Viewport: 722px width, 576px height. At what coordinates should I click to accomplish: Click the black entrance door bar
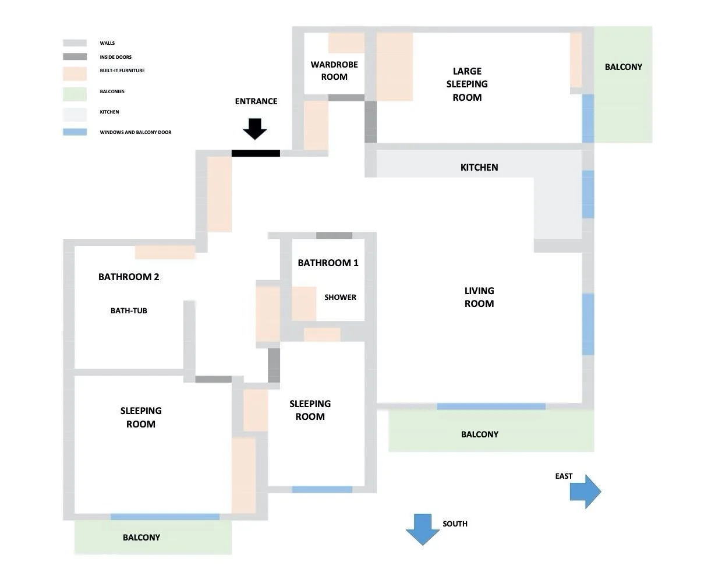coord(256,153)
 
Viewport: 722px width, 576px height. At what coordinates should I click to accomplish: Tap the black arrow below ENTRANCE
coord(255,129)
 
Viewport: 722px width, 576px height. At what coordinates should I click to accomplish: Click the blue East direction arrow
coord(585,492)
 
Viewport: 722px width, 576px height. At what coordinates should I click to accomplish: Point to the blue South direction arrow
coord(423,529)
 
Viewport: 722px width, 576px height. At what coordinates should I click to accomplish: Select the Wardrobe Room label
coord(334,70)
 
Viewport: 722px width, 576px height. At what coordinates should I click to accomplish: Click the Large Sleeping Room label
coord(467,84)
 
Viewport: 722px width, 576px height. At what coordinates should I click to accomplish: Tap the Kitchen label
coord(479,167)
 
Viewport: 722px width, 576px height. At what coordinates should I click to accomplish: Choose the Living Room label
coord(479,297)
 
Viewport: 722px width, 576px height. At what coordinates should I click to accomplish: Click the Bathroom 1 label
coord(328,263)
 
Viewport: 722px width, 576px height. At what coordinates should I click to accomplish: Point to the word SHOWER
coord(340,297)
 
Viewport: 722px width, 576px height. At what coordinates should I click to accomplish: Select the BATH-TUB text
coord(129,310)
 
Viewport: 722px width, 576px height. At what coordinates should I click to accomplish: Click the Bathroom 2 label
coord(129,277)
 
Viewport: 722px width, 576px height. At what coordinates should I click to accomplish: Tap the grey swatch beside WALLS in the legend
coord(75,43)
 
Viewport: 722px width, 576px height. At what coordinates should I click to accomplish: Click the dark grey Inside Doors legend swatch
coord(75,56)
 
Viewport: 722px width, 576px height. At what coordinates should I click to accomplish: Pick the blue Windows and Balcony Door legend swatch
coord(75,132)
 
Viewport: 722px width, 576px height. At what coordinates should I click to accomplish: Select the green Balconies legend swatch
coord(75,94)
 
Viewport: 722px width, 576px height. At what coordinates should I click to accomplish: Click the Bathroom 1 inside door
coord(334,235)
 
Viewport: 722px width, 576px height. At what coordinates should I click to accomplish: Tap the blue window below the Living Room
coord(491,407)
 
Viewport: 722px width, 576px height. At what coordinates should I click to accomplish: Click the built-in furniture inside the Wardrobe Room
coord(346,43)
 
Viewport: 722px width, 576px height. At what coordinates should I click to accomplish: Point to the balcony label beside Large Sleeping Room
coord(624,67)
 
